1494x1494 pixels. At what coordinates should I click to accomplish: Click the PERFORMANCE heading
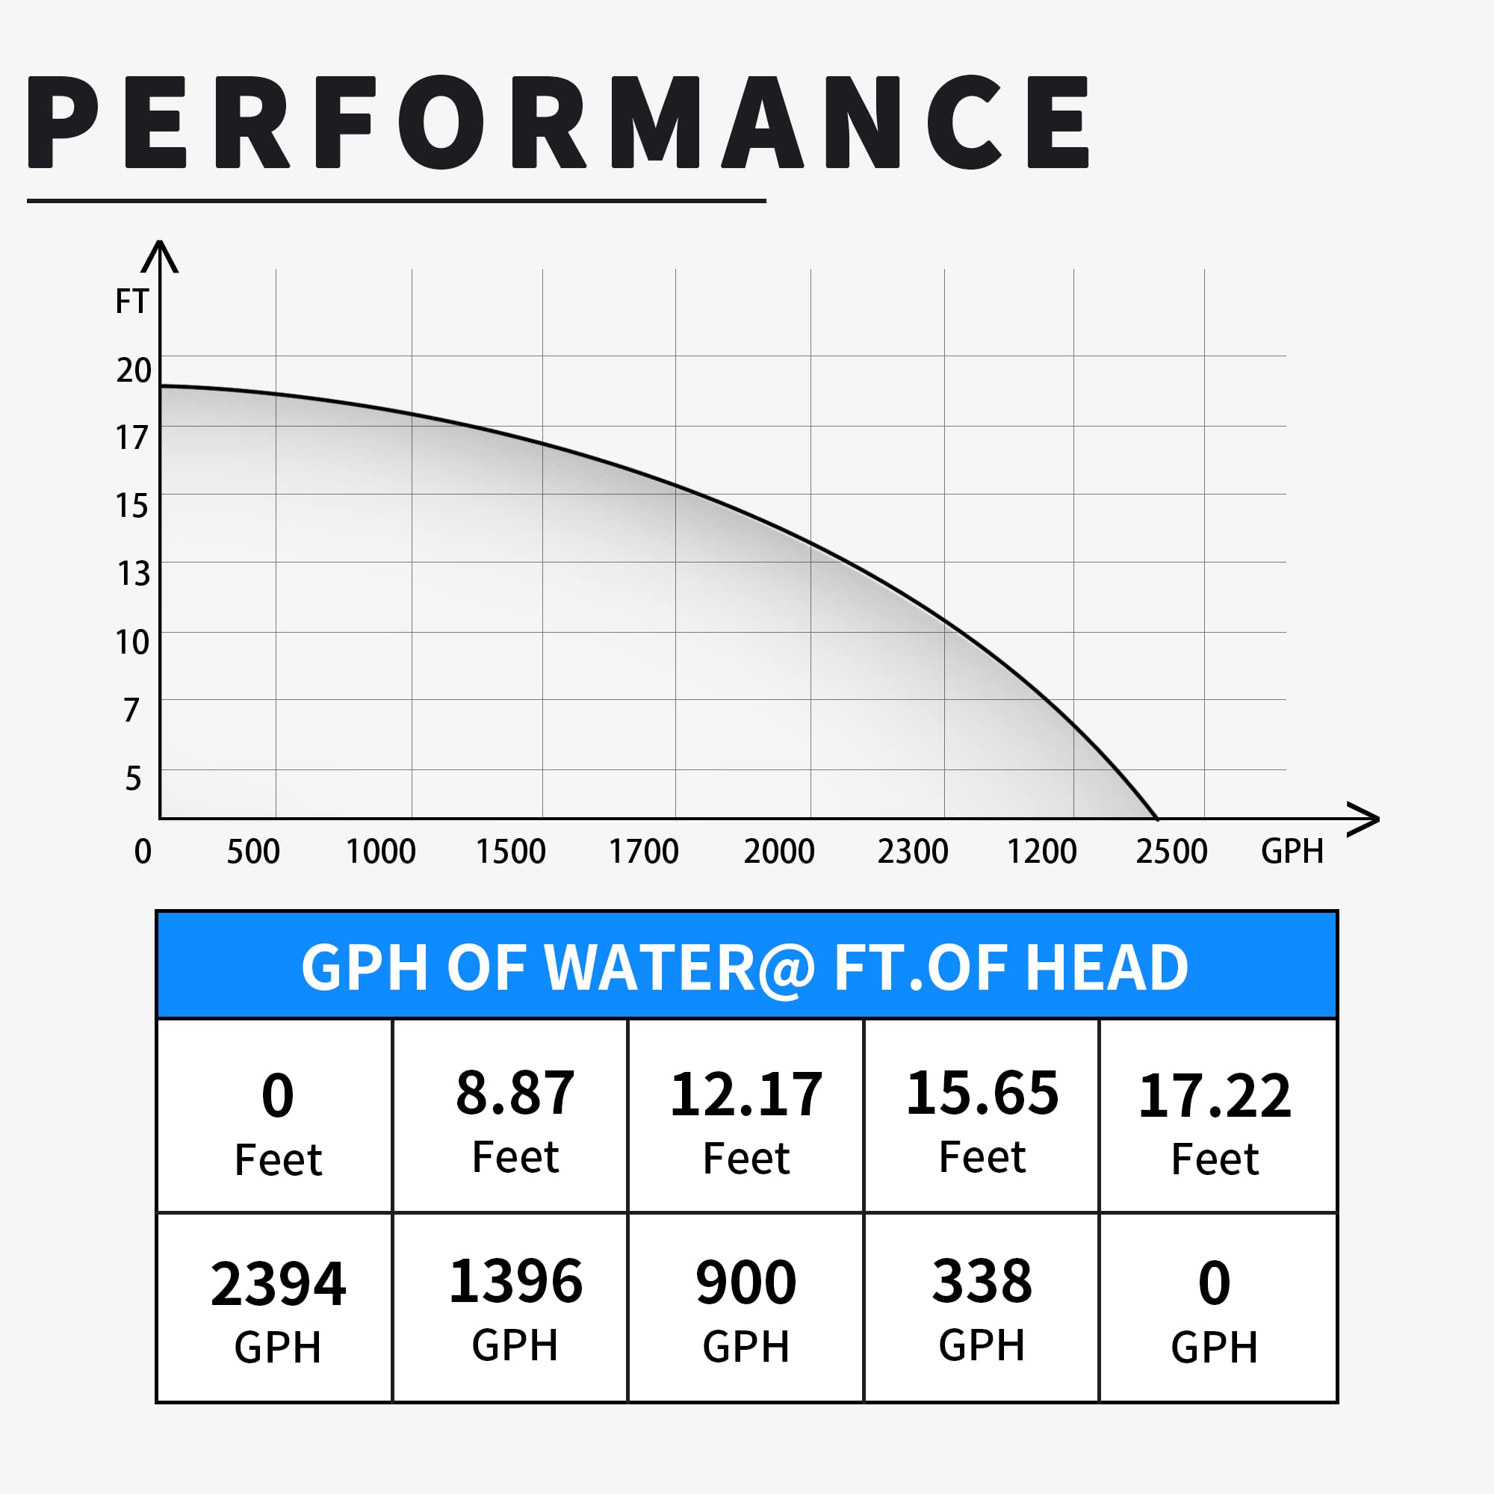pyautogui.click(x=558, y=123)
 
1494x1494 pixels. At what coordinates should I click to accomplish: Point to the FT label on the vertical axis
pyautogui.click(x=131, y=302)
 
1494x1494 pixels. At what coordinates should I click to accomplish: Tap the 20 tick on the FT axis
pyautogui.click(x=134, y=371)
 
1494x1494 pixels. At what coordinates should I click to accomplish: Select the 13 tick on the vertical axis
pyautogui.click(x=134, y=574)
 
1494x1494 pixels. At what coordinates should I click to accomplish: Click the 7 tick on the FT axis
pyautogui.click(x=131, y=710)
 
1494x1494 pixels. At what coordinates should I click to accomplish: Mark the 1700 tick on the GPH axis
pyautogui.click(x=643, y=852)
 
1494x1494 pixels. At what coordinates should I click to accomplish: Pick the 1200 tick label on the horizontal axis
pyautogui.click(x=1041, y=852)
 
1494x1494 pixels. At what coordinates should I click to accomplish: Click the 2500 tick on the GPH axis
pyautogui.click(x=1171, y=852)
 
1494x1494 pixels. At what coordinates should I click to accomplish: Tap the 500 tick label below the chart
pyautogui.click(x=253, y=852)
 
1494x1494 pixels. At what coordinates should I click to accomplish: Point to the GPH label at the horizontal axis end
pyautogui.click(x=1292, y=852)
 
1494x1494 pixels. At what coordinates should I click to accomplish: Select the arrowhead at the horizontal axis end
pyautogui.click(x=1366, y=819)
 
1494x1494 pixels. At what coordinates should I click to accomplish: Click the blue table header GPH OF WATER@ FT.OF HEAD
pyautogui.click(x=746, y=967)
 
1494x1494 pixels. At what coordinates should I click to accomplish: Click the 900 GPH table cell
pyautogui.click(x=746, y=1309)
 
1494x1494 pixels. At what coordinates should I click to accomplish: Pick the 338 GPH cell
pyautogui.click(x=981, y=1309)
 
